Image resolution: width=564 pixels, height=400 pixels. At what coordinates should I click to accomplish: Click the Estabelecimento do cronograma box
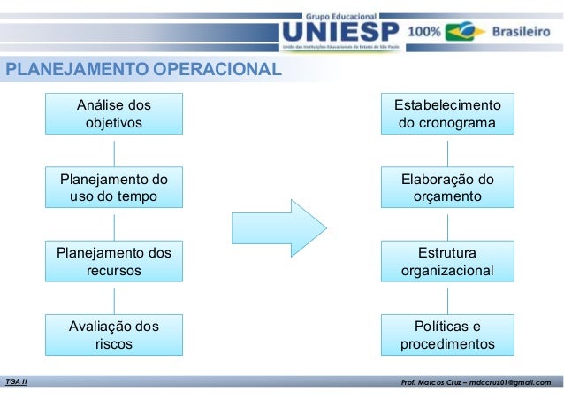pos(447,113)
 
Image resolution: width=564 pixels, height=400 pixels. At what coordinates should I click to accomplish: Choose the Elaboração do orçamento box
pos(447,187)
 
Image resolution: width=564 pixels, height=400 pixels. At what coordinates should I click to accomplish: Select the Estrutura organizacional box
pos(447,260)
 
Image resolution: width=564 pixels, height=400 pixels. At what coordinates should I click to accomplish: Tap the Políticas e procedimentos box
pos(447,335)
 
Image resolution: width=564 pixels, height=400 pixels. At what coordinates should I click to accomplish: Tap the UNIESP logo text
pos(332,32)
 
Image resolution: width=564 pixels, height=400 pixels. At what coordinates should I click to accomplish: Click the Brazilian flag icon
pos(464,32)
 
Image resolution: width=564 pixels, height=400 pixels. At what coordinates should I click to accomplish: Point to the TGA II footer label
pos(16,381)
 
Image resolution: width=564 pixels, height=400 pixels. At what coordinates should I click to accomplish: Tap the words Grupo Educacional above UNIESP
pos(340,16)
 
